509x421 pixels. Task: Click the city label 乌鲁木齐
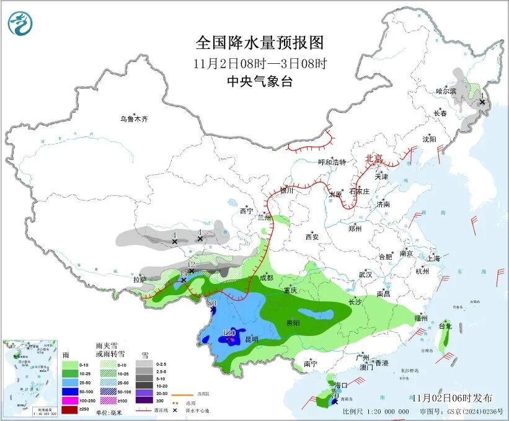[135, 118]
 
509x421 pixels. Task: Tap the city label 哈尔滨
[445, 91]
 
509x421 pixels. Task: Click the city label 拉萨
[139, 280]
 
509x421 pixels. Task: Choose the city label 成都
[267, 278]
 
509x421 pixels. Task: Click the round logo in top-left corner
[20, 23]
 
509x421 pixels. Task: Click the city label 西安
[312, 237]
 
